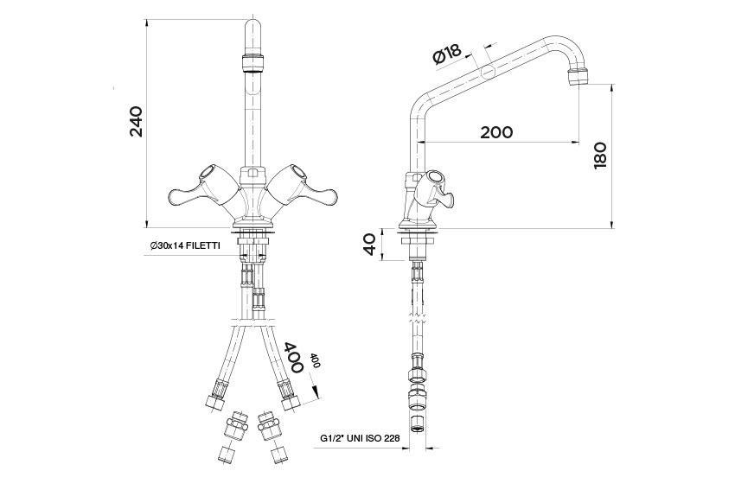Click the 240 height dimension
(136, 122)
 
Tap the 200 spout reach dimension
(496, 132)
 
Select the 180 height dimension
(600, 156)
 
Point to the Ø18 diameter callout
(448, 54)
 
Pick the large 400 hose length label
(294, 357)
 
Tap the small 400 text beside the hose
(315, 360)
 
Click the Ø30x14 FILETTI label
(185, 245)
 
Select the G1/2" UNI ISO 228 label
(360, 438)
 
